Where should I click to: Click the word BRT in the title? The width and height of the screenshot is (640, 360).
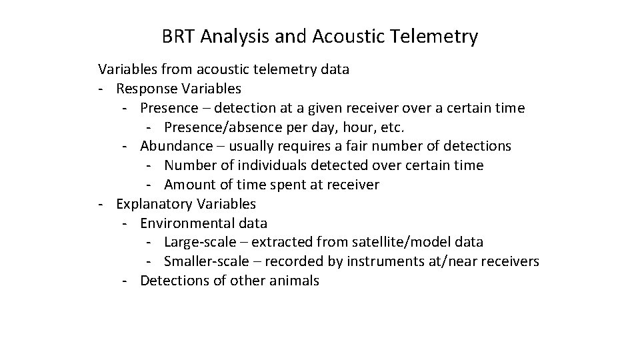pos(177,37)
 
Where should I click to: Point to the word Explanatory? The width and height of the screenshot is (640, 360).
pos(152,203)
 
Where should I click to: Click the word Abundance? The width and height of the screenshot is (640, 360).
pos(171,145)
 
